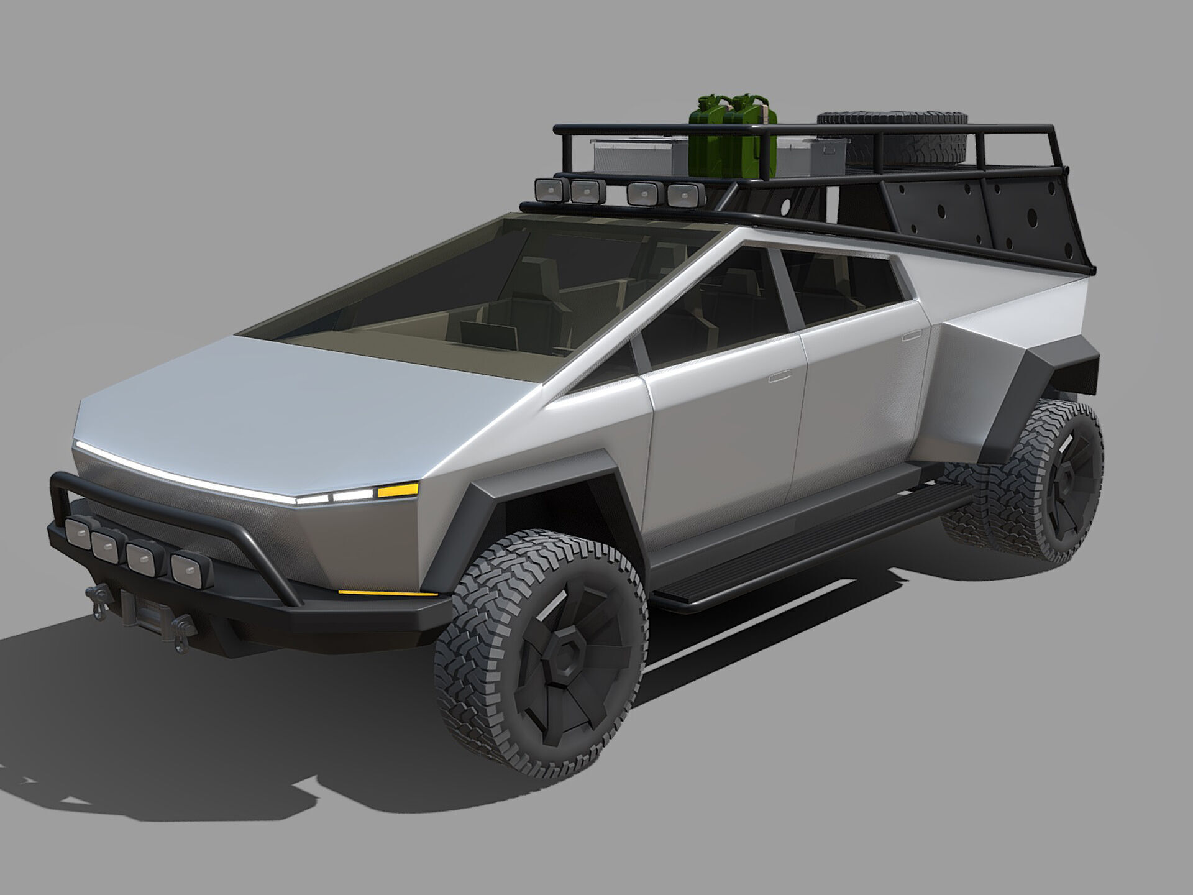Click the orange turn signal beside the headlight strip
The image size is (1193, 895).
point(397,491)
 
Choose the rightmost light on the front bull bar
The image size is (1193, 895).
point(186,569)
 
